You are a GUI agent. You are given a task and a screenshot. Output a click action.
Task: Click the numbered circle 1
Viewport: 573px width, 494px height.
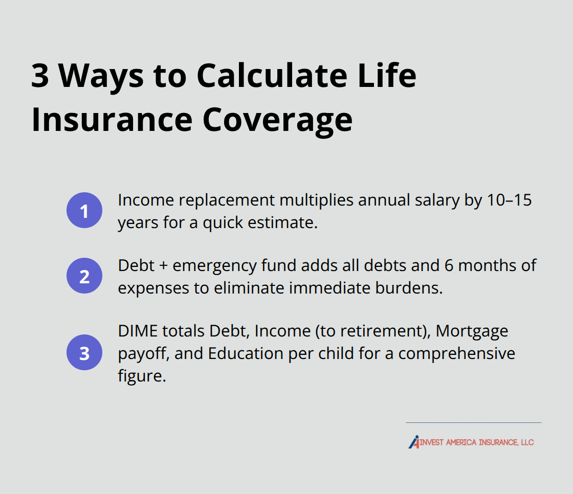84,210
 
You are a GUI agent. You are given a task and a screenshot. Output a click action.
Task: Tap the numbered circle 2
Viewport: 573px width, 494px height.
84,276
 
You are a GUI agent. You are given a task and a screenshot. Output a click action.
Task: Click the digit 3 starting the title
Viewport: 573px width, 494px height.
41,76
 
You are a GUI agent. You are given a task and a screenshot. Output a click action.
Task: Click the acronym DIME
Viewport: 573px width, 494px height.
135,331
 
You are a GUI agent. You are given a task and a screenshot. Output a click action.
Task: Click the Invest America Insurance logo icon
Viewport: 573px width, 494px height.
414,442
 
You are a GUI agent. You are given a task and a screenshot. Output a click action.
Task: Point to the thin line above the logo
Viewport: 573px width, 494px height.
473,422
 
